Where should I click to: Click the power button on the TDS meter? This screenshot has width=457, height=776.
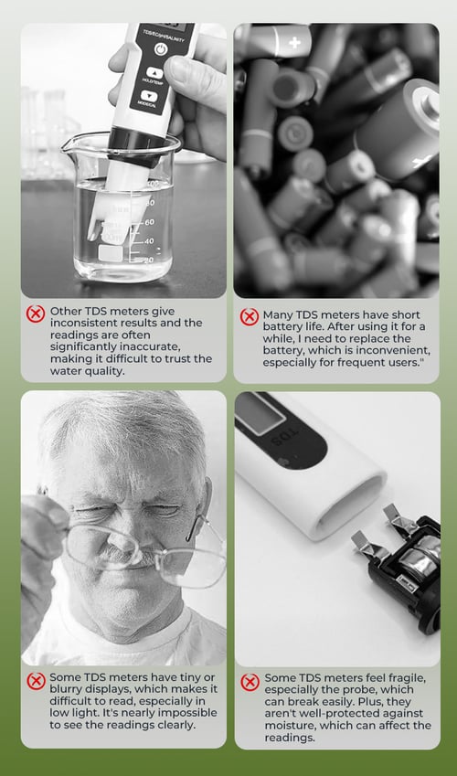click(161, 49)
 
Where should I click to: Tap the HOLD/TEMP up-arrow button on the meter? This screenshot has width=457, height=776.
click(154, 73)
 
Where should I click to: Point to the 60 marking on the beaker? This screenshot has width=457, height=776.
click(149, 222)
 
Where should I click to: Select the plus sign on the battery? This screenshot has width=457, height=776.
click(294, 43)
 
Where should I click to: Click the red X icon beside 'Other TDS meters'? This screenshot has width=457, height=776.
click(35, 314)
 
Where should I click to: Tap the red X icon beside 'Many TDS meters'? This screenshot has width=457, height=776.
click(249, 317)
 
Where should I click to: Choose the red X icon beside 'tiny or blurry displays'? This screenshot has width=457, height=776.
click(36, 681)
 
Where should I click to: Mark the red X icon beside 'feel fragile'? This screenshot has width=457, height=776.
click(250, 682)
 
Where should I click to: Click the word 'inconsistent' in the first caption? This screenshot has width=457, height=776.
click(82, 324)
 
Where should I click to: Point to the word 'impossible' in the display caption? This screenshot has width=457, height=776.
click(186, 713)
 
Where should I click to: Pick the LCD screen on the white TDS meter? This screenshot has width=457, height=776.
click(260, 414)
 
